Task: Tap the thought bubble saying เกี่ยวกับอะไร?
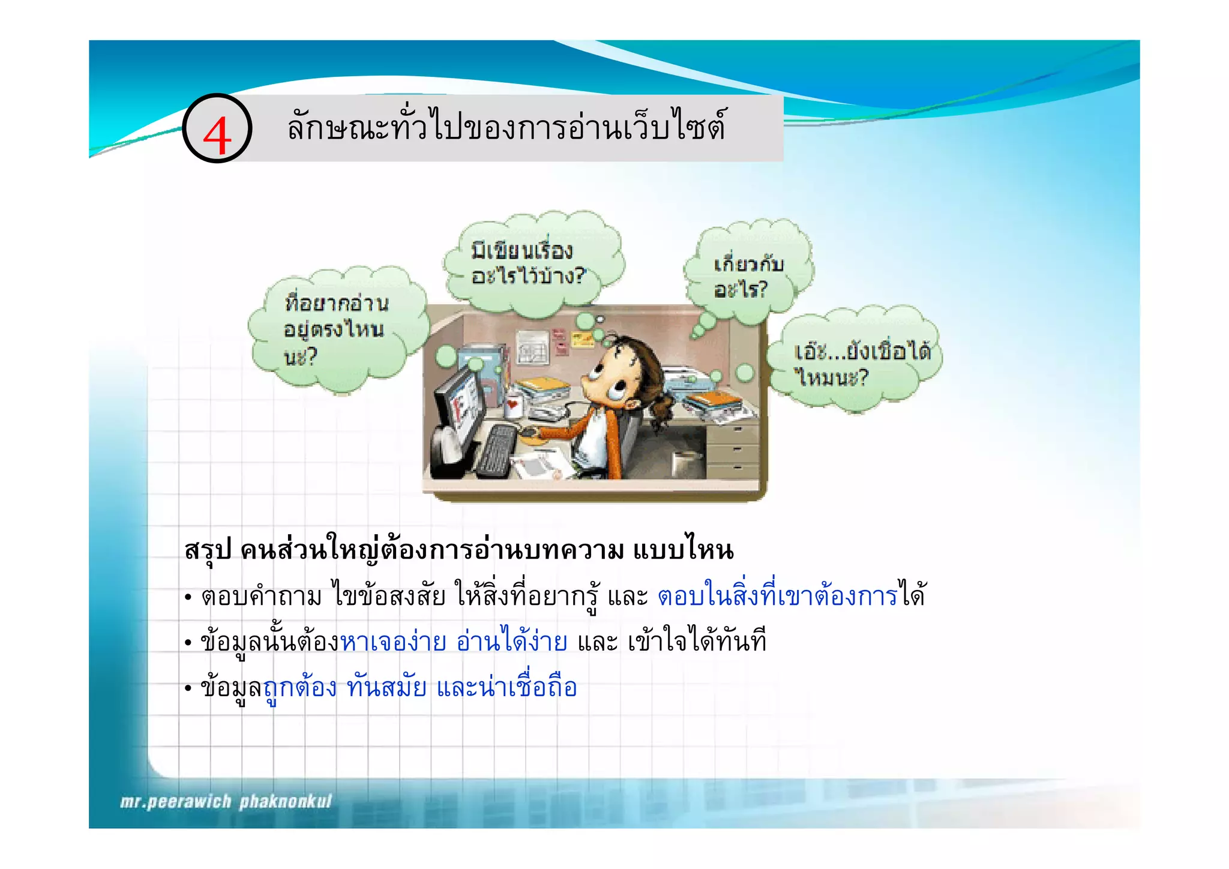pos(748,276)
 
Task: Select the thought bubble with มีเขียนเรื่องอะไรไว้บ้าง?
pos(528,263)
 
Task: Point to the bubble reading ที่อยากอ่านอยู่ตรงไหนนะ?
pos(336,329)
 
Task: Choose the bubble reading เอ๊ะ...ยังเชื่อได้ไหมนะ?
pos(858,364)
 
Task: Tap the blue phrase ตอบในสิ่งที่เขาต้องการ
pos(777,595)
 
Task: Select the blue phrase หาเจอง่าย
pos(393,642)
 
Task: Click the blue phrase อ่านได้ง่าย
pos(511,642)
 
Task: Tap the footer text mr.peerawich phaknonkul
pos(226,802)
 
